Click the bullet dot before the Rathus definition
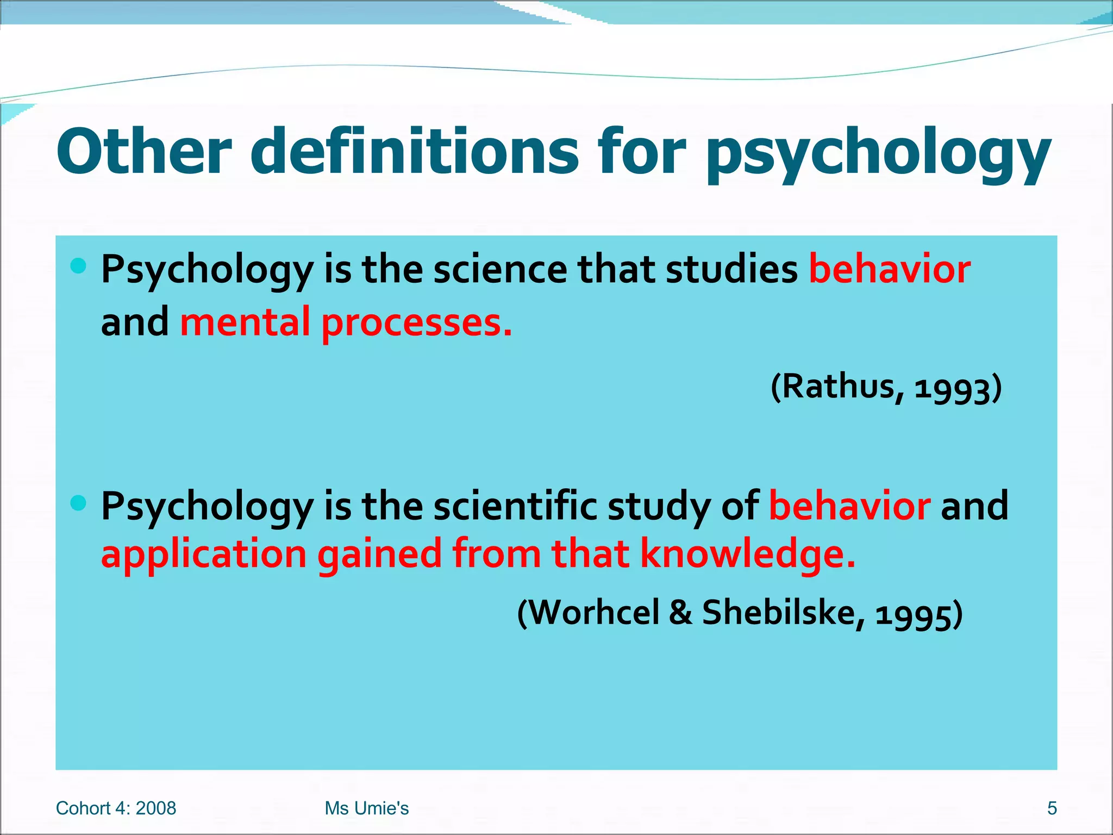[78, 266]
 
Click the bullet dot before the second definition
[78, 503]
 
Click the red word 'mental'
[245, 322]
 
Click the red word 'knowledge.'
[748, 554]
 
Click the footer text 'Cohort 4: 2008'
[116, 808]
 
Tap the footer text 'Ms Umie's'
[366, 808]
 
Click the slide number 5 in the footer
[1052, 808]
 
